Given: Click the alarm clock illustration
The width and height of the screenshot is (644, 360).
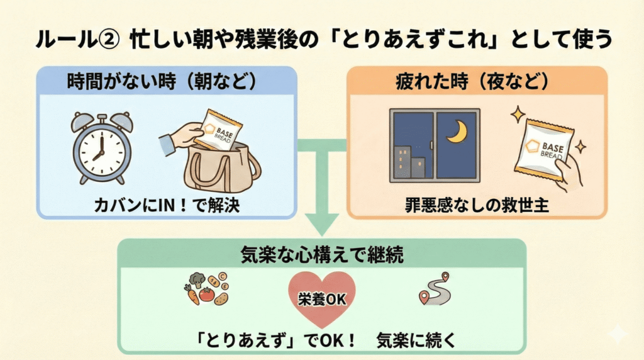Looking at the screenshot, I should pyautogui.click(x=101, y=148).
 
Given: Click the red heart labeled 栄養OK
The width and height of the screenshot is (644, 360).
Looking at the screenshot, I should pyautogui.click(x=322, y=299).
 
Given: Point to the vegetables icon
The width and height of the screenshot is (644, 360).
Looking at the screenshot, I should pyautogui.click(x=208, y=289).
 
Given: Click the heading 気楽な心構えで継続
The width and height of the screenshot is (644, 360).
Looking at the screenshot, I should pyautogui.click(x=322, y=255).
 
